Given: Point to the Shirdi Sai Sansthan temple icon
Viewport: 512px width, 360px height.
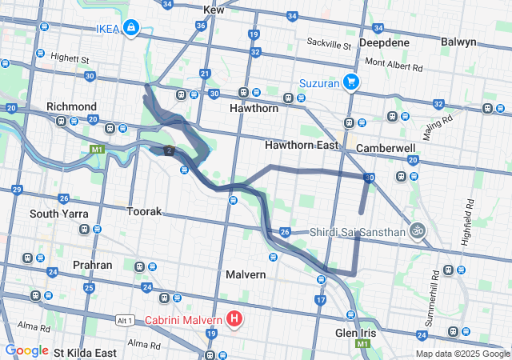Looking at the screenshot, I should pos(415,231).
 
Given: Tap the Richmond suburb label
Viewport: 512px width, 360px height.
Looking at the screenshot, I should pos(71,106).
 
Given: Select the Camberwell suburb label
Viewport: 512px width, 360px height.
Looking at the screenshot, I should pos(386,149).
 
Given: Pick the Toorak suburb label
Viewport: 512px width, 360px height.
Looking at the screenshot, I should pos(145,212).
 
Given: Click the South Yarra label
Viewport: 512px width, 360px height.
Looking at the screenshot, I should pos(57,214).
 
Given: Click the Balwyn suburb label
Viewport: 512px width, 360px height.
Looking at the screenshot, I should pos(458,42).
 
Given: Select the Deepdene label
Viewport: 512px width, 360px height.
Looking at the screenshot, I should pos(384,42).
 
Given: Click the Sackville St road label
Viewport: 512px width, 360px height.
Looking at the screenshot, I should pos(330,46).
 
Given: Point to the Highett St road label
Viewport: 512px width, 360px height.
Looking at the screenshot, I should pos(68,59).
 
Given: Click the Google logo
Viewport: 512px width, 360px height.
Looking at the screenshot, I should pos(26,350).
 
